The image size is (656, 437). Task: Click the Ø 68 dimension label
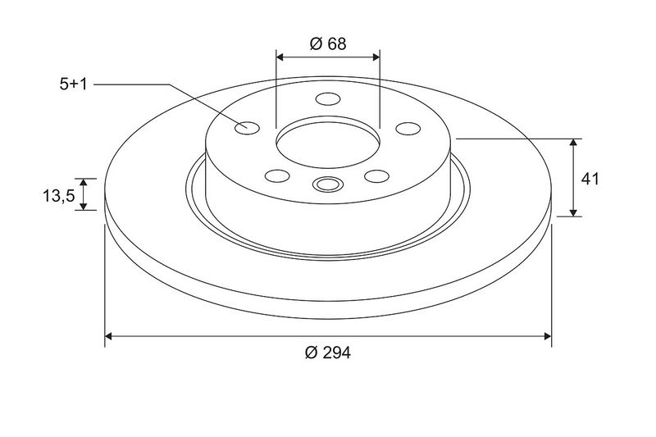(328, 43)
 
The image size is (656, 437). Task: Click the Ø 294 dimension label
(328, 353)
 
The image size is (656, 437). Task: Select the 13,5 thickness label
(58, 195)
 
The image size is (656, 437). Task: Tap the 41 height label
(590, 179)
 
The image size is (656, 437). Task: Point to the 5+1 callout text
(73, 84)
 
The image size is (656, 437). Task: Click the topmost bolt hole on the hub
(328, 99)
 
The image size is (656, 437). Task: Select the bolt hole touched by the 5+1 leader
(248, 128)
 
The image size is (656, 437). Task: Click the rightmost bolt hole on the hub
(408, 129)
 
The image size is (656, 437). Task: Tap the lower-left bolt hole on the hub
(277, 175)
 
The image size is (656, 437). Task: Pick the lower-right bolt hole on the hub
(377, 176)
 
